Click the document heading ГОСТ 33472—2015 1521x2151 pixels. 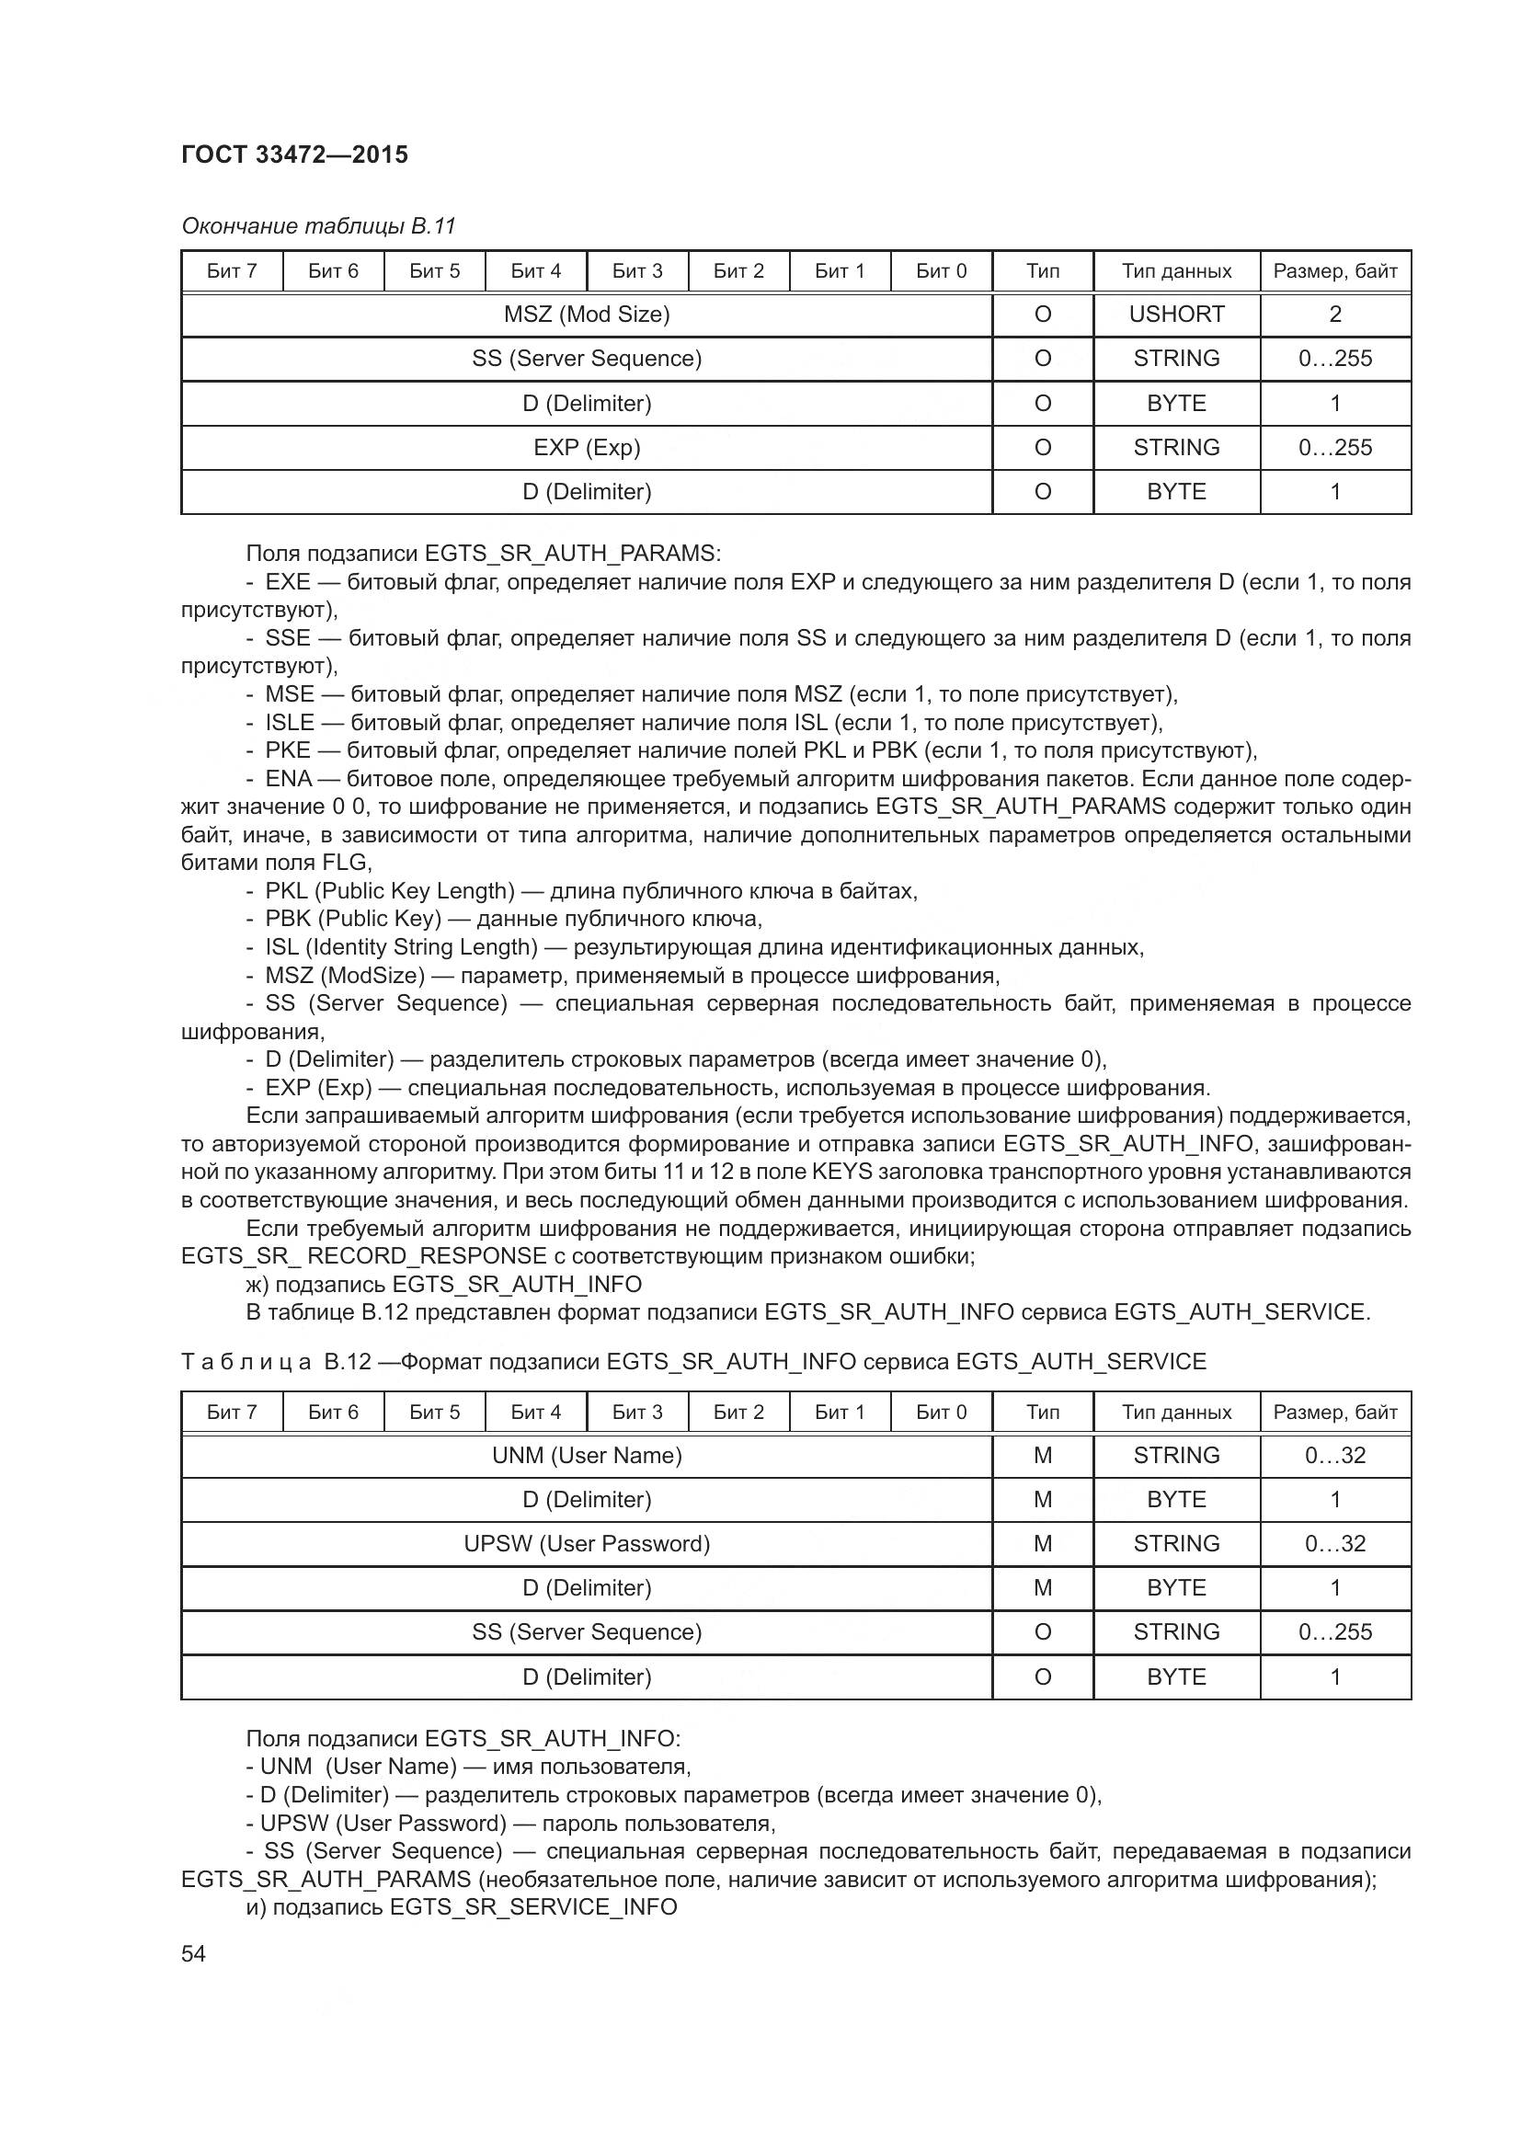(294, 154)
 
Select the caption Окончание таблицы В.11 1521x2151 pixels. (318, 226)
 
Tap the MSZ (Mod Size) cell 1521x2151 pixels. (587, 315)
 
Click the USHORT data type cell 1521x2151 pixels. (1176, 315)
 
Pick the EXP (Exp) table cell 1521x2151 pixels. (587, 448)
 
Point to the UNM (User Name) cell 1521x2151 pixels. (587, 1455)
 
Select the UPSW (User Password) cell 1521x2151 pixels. (587, 1543)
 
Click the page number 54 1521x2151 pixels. (193, 1953)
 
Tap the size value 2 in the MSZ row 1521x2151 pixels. (1334, 315)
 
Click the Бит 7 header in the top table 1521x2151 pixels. (232, 271)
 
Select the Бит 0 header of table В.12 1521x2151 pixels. (941, 1412)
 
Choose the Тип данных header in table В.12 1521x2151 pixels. (1176, 1412)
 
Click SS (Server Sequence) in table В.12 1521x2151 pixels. (587, 1632)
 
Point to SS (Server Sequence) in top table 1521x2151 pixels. (587, 359)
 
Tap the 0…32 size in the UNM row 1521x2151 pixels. (1334, 1455)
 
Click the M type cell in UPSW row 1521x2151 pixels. (1043, 1543)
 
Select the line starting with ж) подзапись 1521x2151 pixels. (444, 1285)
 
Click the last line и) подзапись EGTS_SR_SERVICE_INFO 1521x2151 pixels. (461, 1907)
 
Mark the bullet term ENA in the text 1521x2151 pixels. (288, 780)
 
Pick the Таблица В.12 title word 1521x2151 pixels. (246, 1362)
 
